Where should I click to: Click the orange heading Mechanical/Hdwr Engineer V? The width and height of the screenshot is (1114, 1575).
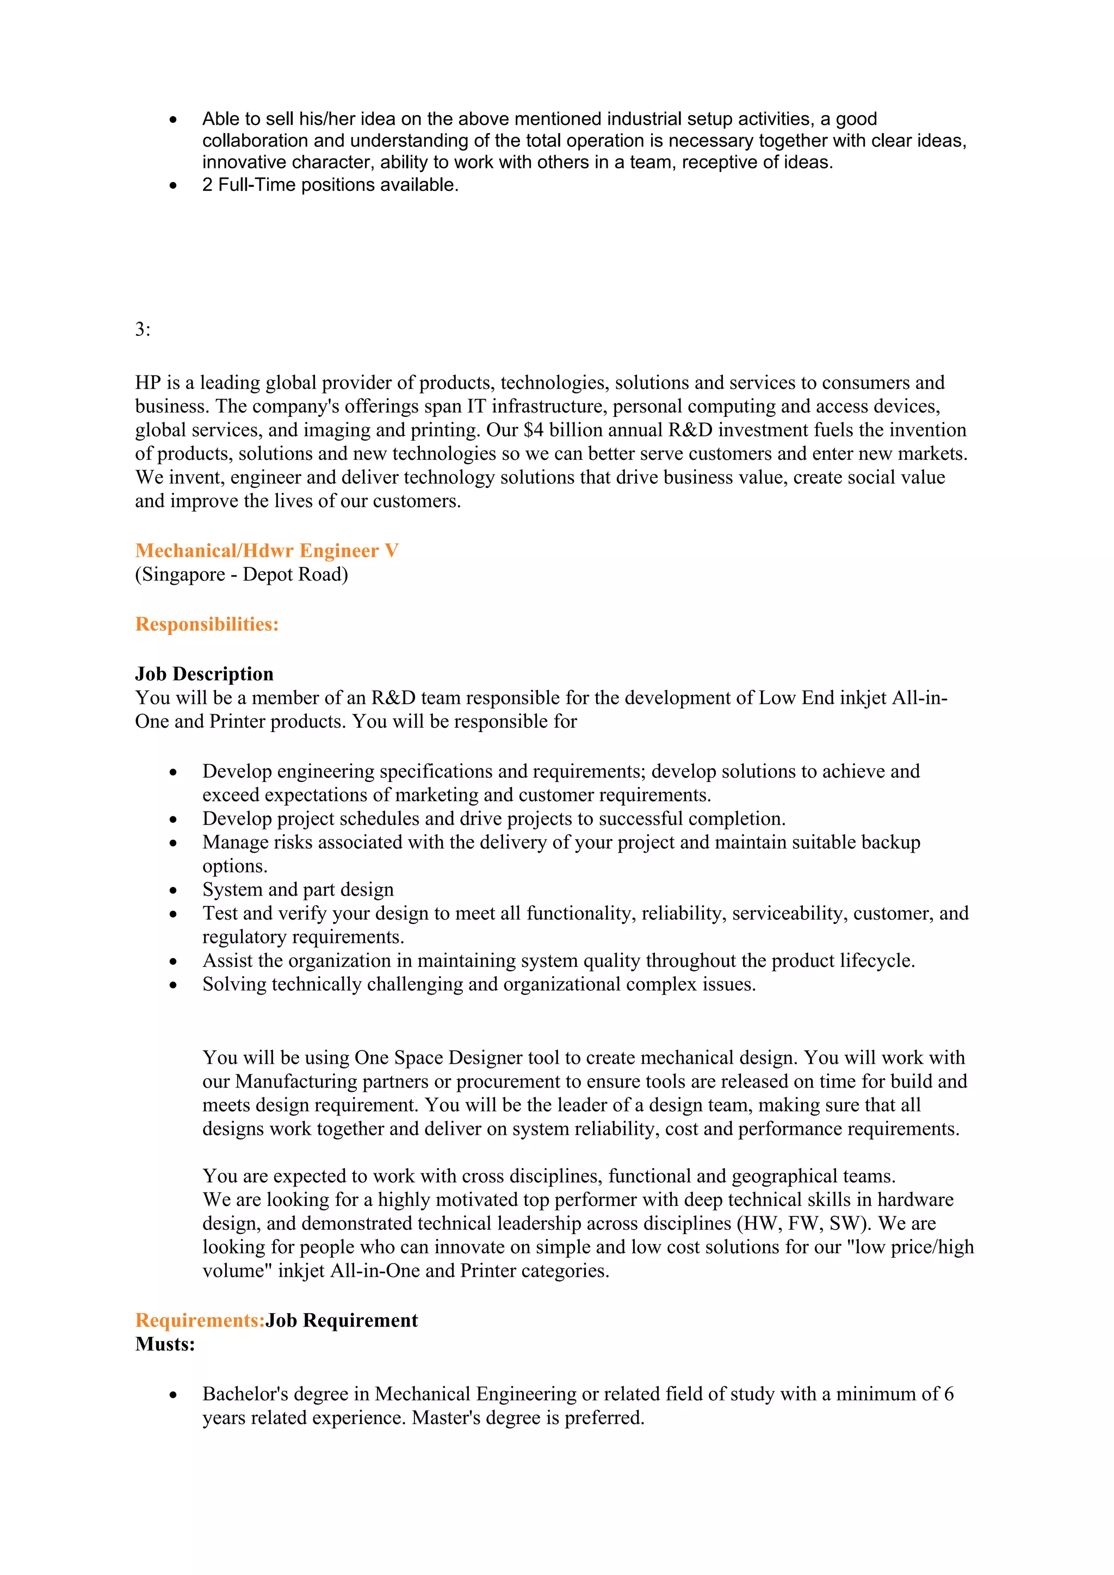[267, 551]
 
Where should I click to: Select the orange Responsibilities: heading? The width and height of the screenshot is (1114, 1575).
[207, 624]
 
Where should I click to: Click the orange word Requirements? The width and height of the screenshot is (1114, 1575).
[200, 1321]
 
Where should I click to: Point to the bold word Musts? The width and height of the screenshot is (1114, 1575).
[165, 1344]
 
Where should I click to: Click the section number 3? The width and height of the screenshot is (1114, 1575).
[143, 330]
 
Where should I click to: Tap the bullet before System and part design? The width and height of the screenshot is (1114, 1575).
[173, 890]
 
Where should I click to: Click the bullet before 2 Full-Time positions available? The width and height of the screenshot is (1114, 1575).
[173, 186]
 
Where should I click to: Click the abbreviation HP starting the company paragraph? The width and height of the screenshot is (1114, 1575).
[147, 383]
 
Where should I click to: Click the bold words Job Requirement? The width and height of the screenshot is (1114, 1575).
[342, 1321]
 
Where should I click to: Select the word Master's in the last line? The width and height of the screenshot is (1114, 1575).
[441, 1417]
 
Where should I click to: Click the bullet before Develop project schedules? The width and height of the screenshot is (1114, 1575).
[173, 820]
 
